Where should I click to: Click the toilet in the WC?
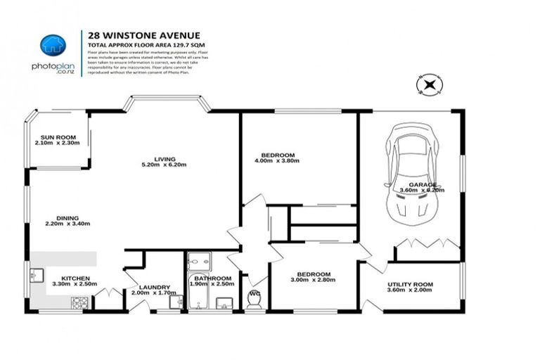(x=254, y=300)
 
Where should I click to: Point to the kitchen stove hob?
(x=79, y=303)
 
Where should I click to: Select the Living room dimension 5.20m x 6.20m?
(x=165, y=165)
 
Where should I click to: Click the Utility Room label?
(x=410, y=285)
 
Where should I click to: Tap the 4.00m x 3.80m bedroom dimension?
(x=277, y=161)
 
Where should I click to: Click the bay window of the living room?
(x=166, y=104)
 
